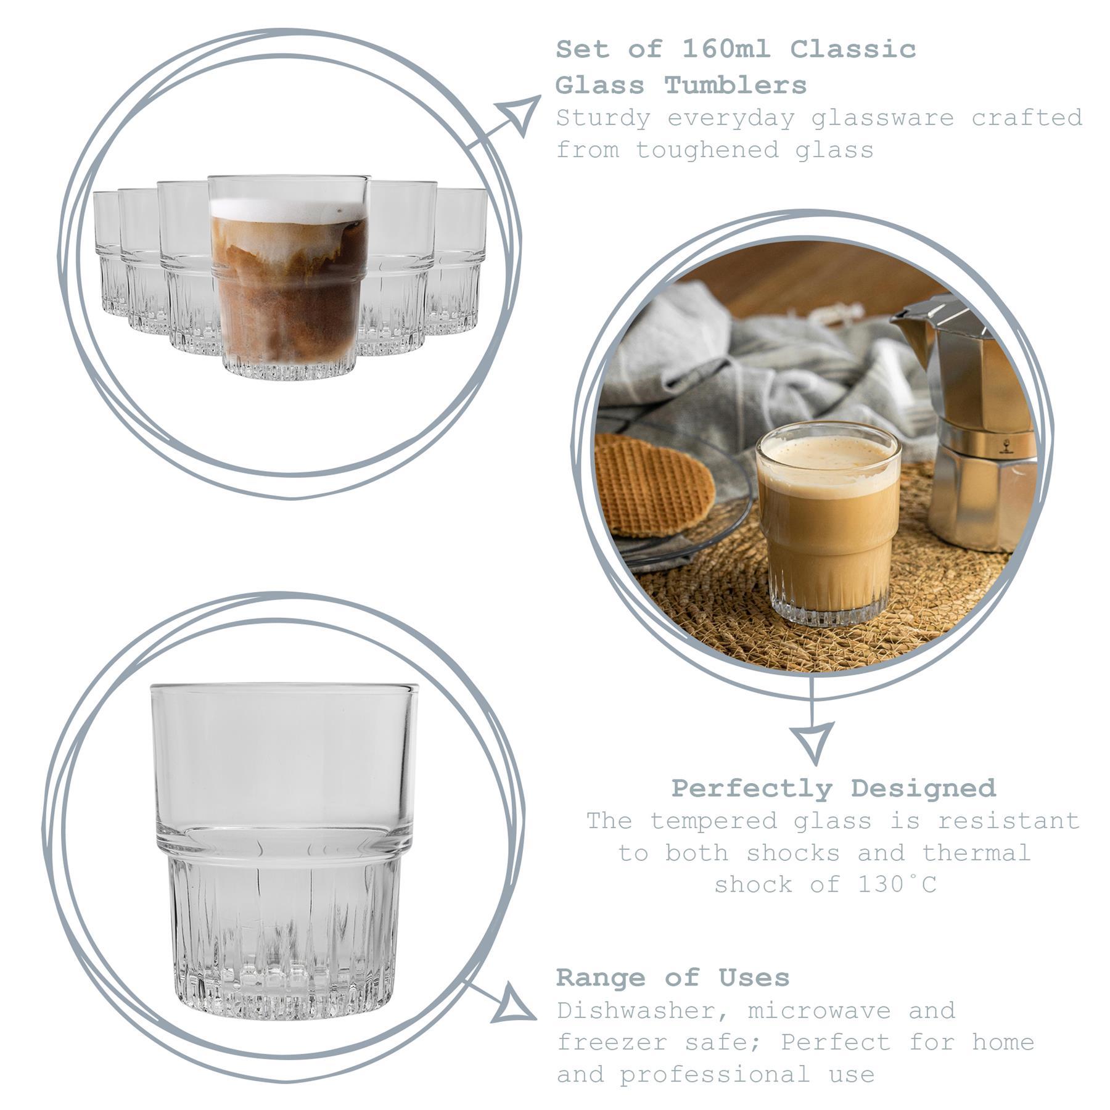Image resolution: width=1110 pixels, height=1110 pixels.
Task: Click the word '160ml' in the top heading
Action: coord(726,49)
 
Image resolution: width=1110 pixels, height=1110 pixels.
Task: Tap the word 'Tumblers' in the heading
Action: coord(735,85)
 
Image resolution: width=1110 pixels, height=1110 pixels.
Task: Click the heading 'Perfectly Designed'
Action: coord(833,788)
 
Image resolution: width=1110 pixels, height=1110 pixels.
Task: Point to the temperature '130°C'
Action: coord(897,884)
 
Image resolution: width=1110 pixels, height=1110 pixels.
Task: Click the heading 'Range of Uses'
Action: coord(673,977)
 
